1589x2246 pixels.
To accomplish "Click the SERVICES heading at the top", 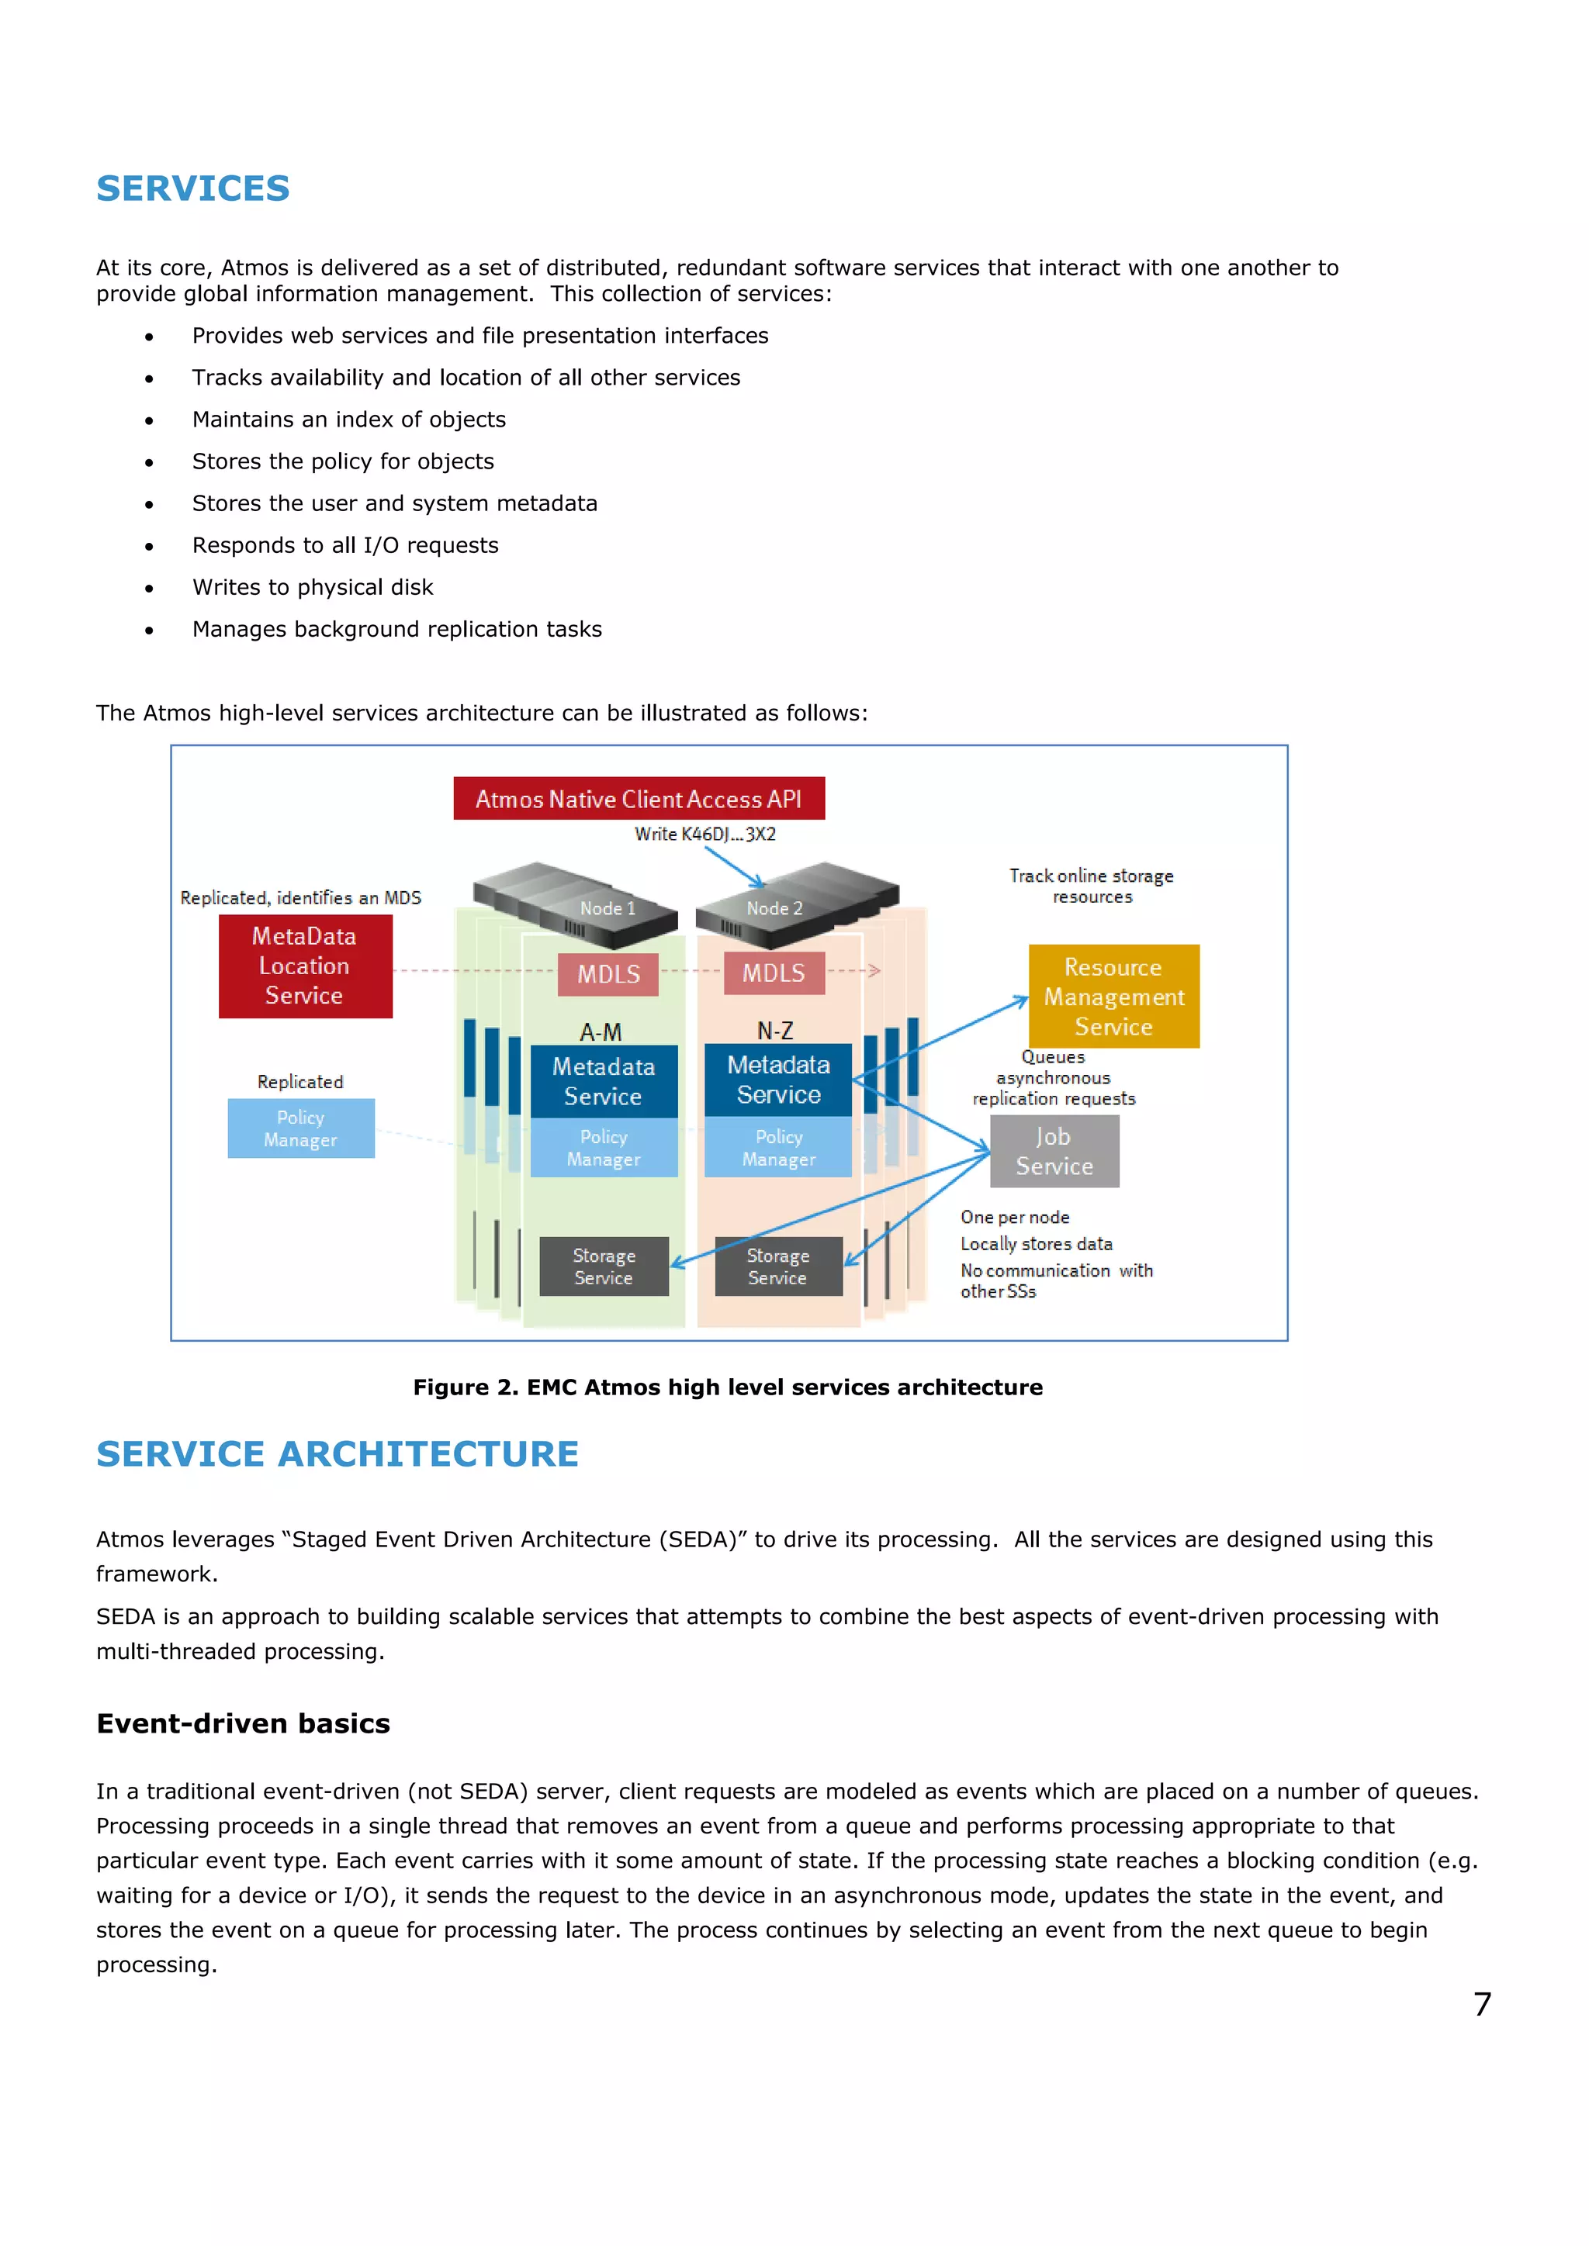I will coord(192,188).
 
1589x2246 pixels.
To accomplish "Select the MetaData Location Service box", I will coord(304,966).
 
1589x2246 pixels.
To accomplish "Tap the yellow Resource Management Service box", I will coord(1113,996).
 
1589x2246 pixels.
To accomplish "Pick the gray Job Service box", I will coord(1054,1152).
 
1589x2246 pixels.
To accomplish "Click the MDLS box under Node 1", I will coord(608,974).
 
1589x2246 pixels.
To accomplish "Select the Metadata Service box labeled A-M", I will coord(603,1081).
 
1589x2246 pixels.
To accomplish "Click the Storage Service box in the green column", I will coord(604,1266).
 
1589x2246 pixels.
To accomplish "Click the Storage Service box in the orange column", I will coord(778,1266).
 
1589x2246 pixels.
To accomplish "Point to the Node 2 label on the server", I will coord(774,909).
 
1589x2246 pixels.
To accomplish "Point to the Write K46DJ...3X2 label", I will coord(704,834).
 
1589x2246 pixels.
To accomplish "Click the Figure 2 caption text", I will coord(727,1387).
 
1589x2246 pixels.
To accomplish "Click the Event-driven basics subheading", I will coord(243,1723).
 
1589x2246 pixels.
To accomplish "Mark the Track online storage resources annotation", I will coord(1091,886).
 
